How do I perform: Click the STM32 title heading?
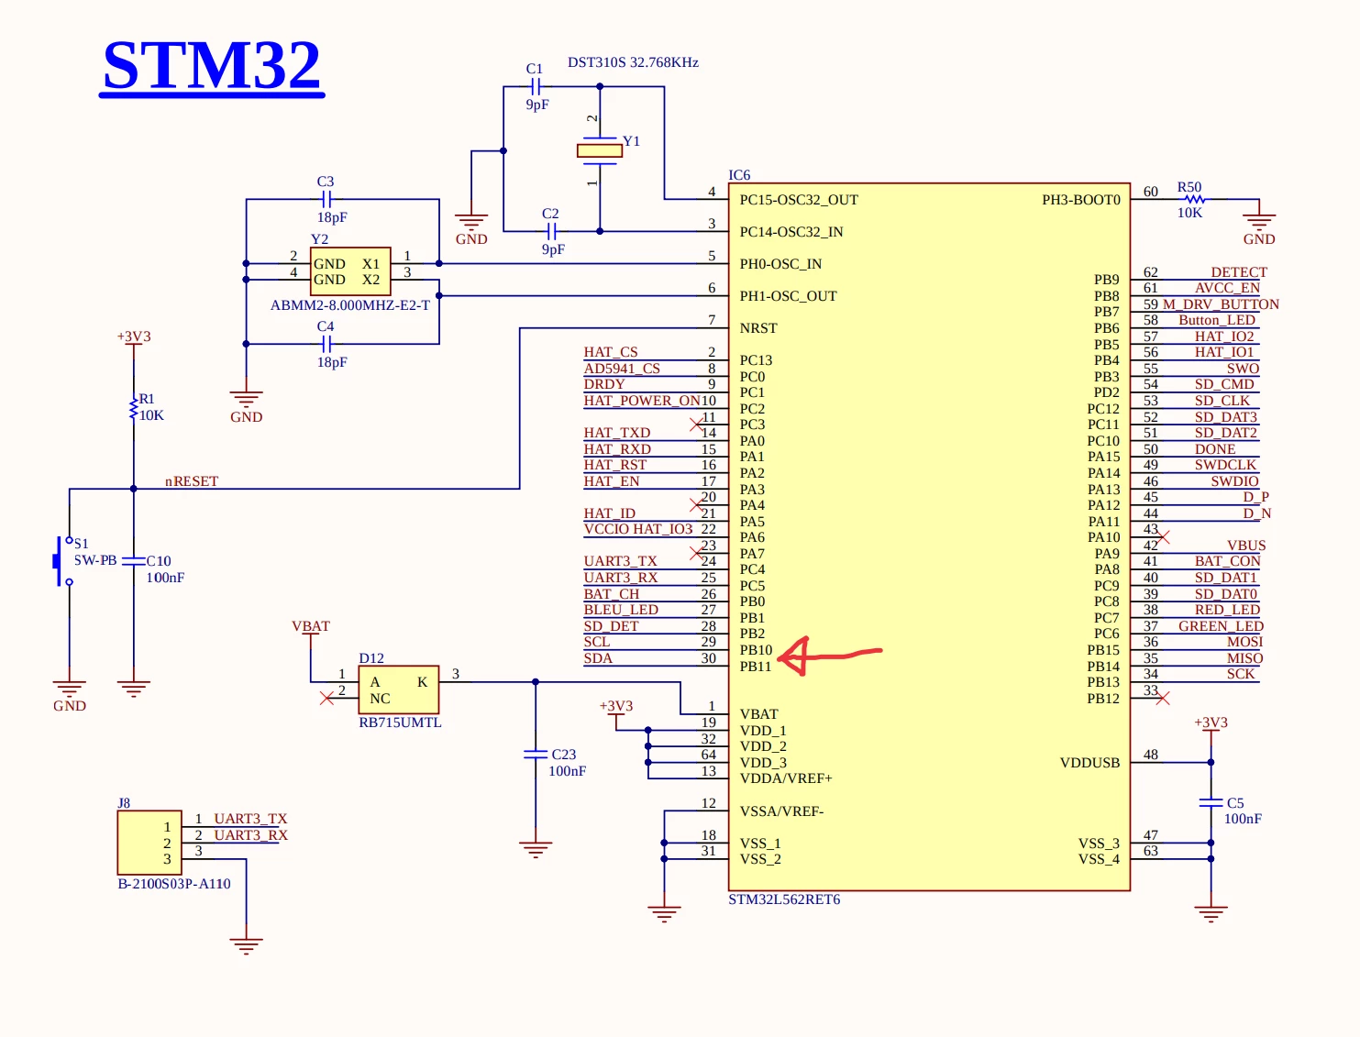211,66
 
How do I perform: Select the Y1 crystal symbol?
599,150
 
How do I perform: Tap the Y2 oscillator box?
350,271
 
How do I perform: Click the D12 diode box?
398,689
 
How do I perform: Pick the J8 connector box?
149,843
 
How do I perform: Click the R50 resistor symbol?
1195,199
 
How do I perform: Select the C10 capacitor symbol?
133,561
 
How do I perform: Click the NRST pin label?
757,327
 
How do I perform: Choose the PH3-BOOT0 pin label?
1080,200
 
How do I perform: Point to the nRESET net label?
192,480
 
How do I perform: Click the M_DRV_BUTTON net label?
1221,304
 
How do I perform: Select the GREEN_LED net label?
1221,625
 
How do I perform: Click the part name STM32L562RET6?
784,899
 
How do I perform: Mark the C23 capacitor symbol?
536,754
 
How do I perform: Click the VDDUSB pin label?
1089,763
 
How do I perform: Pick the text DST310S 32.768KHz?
633,62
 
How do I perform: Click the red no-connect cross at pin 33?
1162,698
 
